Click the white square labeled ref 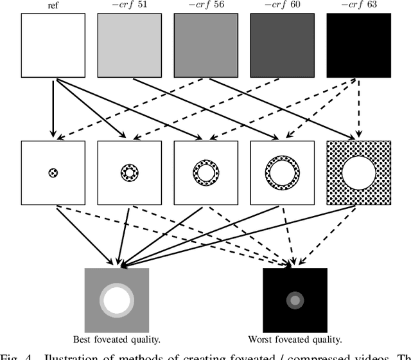pos(53,46)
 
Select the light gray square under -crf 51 pos(129,46)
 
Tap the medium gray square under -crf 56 pos(205,46)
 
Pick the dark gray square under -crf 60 pos(282,46)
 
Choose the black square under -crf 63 pos(358,46)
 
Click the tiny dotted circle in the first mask pos(53,173)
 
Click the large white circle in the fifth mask pos(358,173)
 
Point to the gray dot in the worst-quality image pos(295,300)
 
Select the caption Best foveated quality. pos(116,339)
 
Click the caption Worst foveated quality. pos(295,339)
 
